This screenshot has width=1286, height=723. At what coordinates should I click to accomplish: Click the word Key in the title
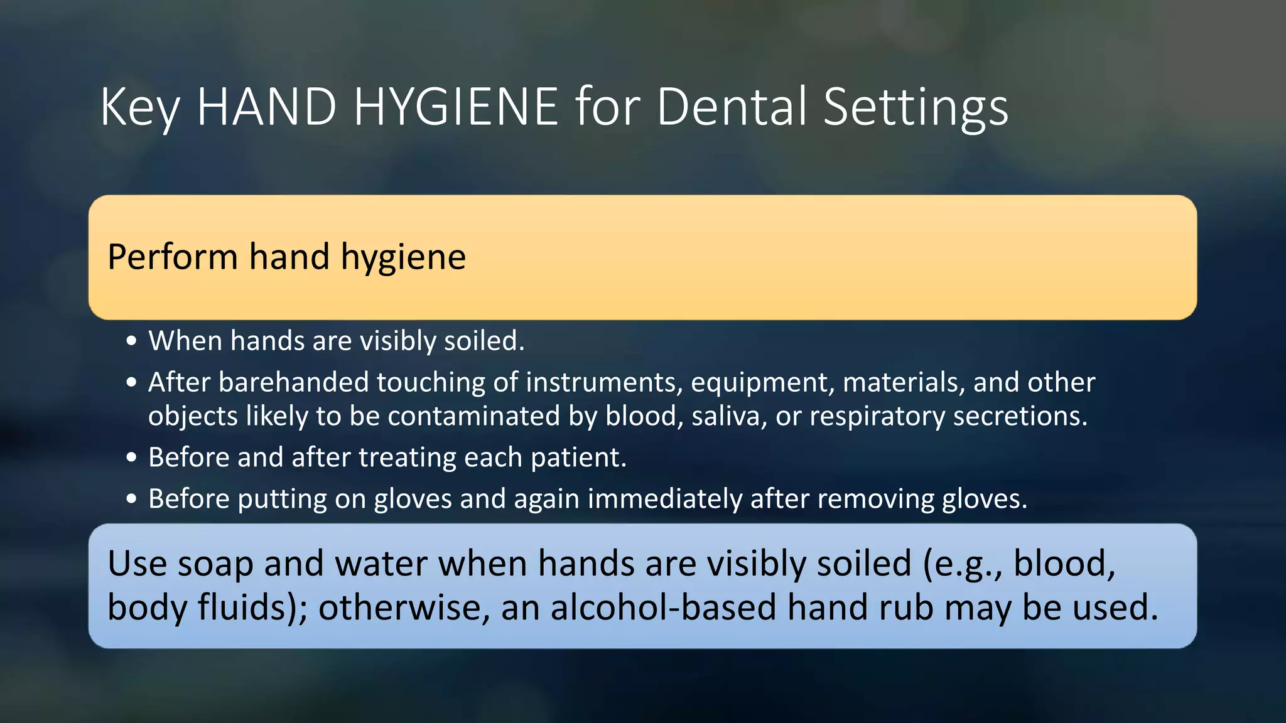pyautogui.click(x=139, y=108)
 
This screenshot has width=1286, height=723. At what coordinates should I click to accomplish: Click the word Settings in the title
pyautogui.click(x=915, y=108)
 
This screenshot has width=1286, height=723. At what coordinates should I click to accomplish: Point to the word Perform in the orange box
pyautogui.click(x=172, y=257)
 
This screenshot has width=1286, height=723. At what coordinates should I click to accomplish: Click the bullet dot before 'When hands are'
pyautogui.click(x=131, y=341)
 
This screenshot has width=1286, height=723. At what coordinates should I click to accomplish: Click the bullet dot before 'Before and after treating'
pyautogui.click(x=131, y=458)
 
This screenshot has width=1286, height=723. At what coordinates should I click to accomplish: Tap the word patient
pyautogui.click(x=578, y=458)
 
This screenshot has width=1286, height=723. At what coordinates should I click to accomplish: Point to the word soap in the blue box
pyautogui.click(x=215, y=563)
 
